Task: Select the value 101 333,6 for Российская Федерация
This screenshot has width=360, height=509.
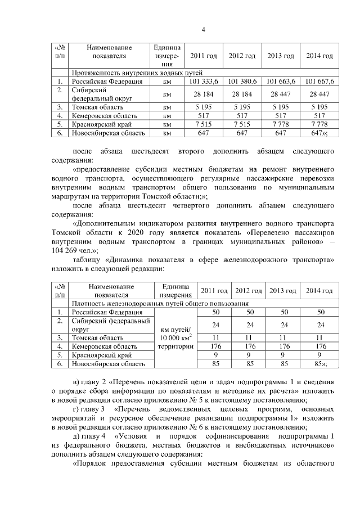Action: click(204, 82)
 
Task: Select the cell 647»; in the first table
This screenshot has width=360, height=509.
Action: click(321, 133)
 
